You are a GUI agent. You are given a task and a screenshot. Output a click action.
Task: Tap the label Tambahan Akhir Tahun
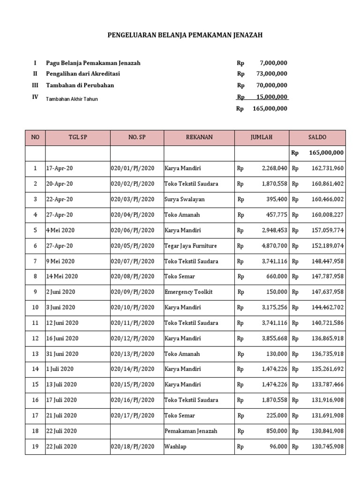72,99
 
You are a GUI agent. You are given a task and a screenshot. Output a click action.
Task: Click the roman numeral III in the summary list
35,85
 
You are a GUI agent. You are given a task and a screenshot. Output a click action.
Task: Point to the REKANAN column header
199,137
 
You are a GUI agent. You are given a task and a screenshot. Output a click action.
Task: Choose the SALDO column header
317,137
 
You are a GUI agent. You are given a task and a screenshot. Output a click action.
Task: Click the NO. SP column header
137,137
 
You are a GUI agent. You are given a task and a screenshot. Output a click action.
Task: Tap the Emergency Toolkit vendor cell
188,292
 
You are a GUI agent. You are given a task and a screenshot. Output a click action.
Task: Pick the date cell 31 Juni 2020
62,354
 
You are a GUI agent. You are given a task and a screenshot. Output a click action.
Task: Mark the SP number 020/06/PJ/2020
133,230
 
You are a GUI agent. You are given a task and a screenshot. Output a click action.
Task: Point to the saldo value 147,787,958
327,277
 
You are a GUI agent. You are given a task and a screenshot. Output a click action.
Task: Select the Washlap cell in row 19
175,447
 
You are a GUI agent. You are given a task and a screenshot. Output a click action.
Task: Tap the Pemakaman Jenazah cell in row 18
191,431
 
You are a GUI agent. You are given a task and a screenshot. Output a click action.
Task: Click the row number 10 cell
35,307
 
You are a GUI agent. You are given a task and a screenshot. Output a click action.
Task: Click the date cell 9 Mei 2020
60,261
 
